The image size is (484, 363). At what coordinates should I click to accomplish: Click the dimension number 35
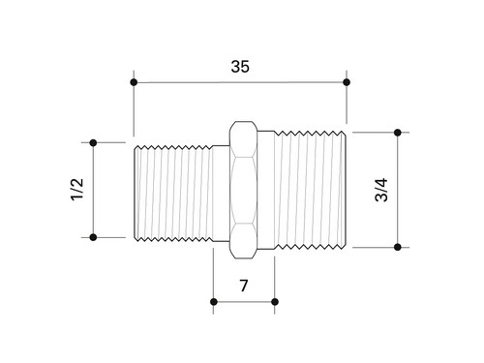pyautogui.click(x=240, y=67)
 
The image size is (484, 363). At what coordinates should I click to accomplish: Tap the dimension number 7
pyautogui.click(x=244, y=286)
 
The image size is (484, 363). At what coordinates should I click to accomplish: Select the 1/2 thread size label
pyautogui.click(x=77, y=190)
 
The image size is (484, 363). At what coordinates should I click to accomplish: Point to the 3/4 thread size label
pyautogui.click(x=381, y=190)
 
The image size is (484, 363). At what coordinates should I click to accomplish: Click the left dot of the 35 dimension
pyautogui.click(x=134, y=82)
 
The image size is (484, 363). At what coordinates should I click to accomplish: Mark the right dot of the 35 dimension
pyautogui.click(x=347, y=82)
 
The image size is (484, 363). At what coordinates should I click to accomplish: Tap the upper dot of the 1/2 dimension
pyautogui.click(x=93, y=142)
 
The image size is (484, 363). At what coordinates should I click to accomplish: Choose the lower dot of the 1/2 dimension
pyautogui.click(x=93, y=237)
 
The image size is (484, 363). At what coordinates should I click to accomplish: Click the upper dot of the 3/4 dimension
pyautogui.click(x=398, y=133)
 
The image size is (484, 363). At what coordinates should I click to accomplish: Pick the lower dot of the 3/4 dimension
pyautogui.click(x=398, y=247)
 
